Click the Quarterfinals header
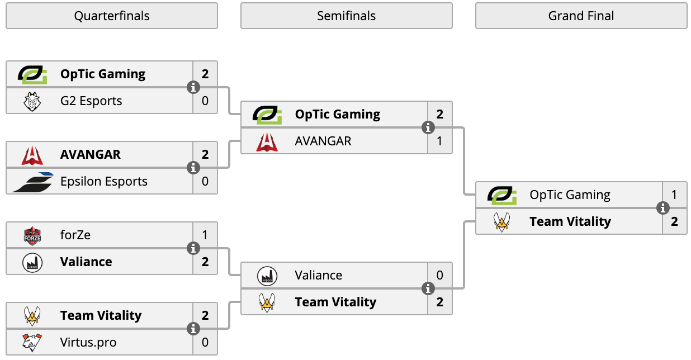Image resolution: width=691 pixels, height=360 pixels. coord(112,16)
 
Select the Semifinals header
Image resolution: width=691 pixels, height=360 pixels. coord(347,16)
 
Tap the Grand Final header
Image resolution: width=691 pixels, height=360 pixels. coord(581,16)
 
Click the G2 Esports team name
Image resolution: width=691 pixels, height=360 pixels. coord(91,101)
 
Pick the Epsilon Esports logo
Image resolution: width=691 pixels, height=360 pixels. coord(32,182)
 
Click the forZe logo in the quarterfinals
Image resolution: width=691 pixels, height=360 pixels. coord(32,236)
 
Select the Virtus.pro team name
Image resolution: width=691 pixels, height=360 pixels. coord(88,343)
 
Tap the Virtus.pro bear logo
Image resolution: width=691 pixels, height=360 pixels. coord(32,343)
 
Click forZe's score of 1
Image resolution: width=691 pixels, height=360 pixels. coord(205,235)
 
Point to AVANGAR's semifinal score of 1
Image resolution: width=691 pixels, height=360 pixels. coord(439,141)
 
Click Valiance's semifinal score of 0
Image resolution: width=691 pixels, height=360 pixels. coord(439,275)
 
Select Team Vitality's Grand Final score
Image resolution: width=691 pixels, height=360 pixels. coord(674,221)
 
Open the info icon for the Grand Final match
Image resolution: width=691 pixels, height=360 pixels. coord(662,208)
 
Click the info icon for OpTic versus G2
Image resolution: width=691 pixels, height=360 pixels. coord(193,87)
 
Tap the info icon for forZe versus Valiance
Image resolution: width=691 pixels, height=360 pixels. coord(193,248)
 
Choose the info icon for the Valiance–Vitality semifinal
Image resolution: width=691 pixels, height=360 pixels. coord(428,289)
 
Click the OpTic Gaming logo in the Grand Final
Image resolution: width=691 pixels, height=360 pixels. coord(502,195)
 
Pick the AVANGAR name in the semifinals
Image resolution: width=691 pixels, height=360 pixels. coord(323,141)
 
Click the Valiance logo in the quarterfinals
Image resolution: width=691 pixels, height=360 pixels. coord(32,263)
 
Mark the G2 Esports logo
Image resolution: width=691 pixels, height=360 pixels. coord(32,102)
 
